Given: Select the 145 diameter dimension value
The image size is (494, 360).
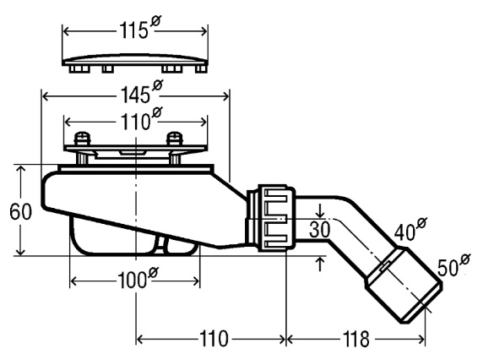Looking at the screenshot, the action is (x=142, y=92).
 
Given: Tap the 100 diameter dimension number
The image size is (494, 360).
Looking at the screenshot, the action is (x=138, y=278).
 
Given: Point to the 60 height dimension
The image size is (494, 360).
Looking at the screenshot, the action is (x=20, y=211).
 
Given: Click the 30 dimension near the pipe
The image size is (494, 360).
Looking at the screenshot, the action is (x=319, y=229).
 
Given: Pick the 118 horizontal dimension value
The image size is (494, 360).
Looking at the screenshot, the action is (x=356, y=339).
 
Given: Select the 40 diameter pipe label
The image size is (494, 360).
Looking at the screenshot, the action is (x=410, y=229).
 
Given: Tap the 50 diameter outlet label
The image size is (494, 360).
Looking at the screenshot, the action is (x=453, y=265).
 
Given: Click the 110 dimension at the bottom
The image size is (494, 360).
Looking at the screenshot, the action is (x=214, y=339).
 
